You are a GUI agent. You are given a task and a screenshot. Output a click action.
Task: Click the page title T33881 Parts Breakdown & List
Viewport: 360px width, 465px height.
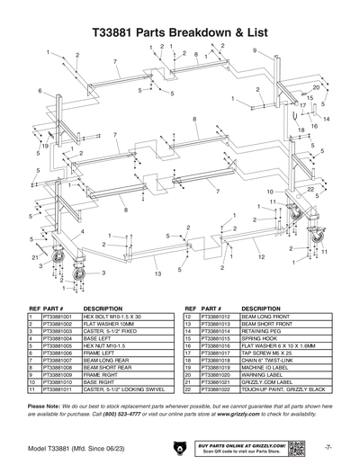tap(180, 29)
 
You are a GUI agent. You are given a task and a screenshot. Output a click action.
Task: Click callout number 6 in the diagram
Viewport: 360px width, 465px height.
tap(40, 91)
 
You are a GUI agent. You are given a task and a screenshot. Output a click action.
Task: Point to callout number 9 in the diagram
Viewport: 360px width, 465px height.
tap(255, 50)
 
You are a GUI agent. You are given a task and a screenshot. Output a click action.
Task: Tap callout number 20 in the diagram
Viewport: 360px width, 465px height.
tap(316, 87)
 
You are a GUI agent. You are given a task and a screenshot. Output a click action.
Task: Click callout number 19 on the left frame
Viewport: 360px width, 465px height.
tap(45, 145)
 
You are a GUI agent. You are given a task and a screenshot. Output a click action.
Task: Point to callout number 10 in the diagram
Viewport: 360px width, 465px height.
tap(270, 192)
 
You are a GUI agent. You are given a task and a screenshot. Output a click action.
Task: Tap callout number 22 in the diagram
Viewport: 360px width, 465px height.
tap(310, 190)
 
